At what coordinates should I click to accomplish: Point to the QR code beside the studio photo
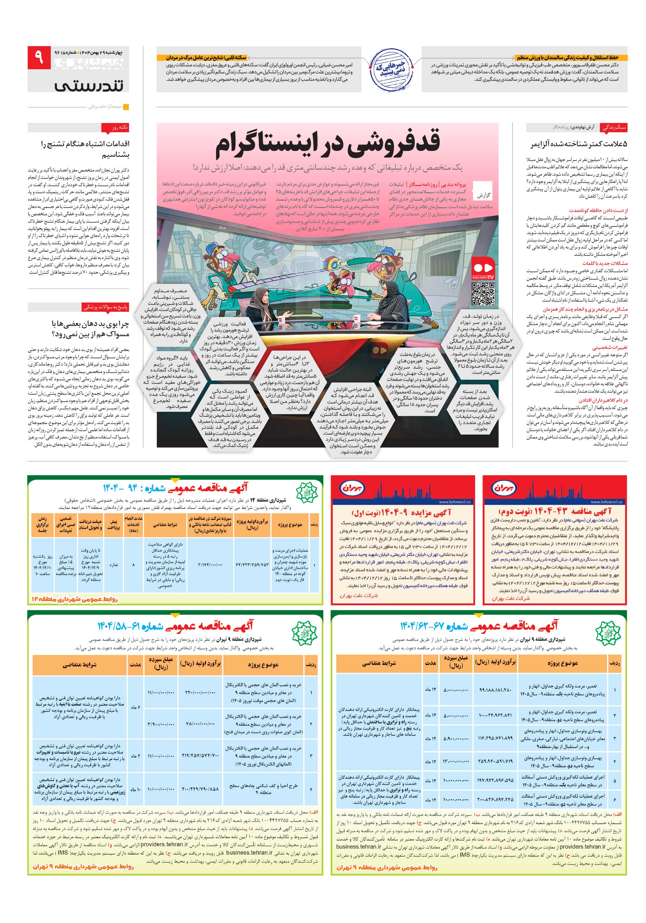[482, 294]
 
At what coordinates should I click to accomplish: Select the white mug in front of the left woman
[281, 320]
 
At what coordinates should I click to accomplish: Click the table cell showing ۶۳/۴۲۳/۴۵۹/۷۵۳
[252, 565]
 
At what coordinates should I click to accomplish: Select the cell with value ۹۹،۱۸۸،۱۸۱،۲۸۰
[495, 690]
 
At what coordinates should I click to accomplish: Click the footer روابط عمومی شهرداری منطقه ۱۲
[74, 599]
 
